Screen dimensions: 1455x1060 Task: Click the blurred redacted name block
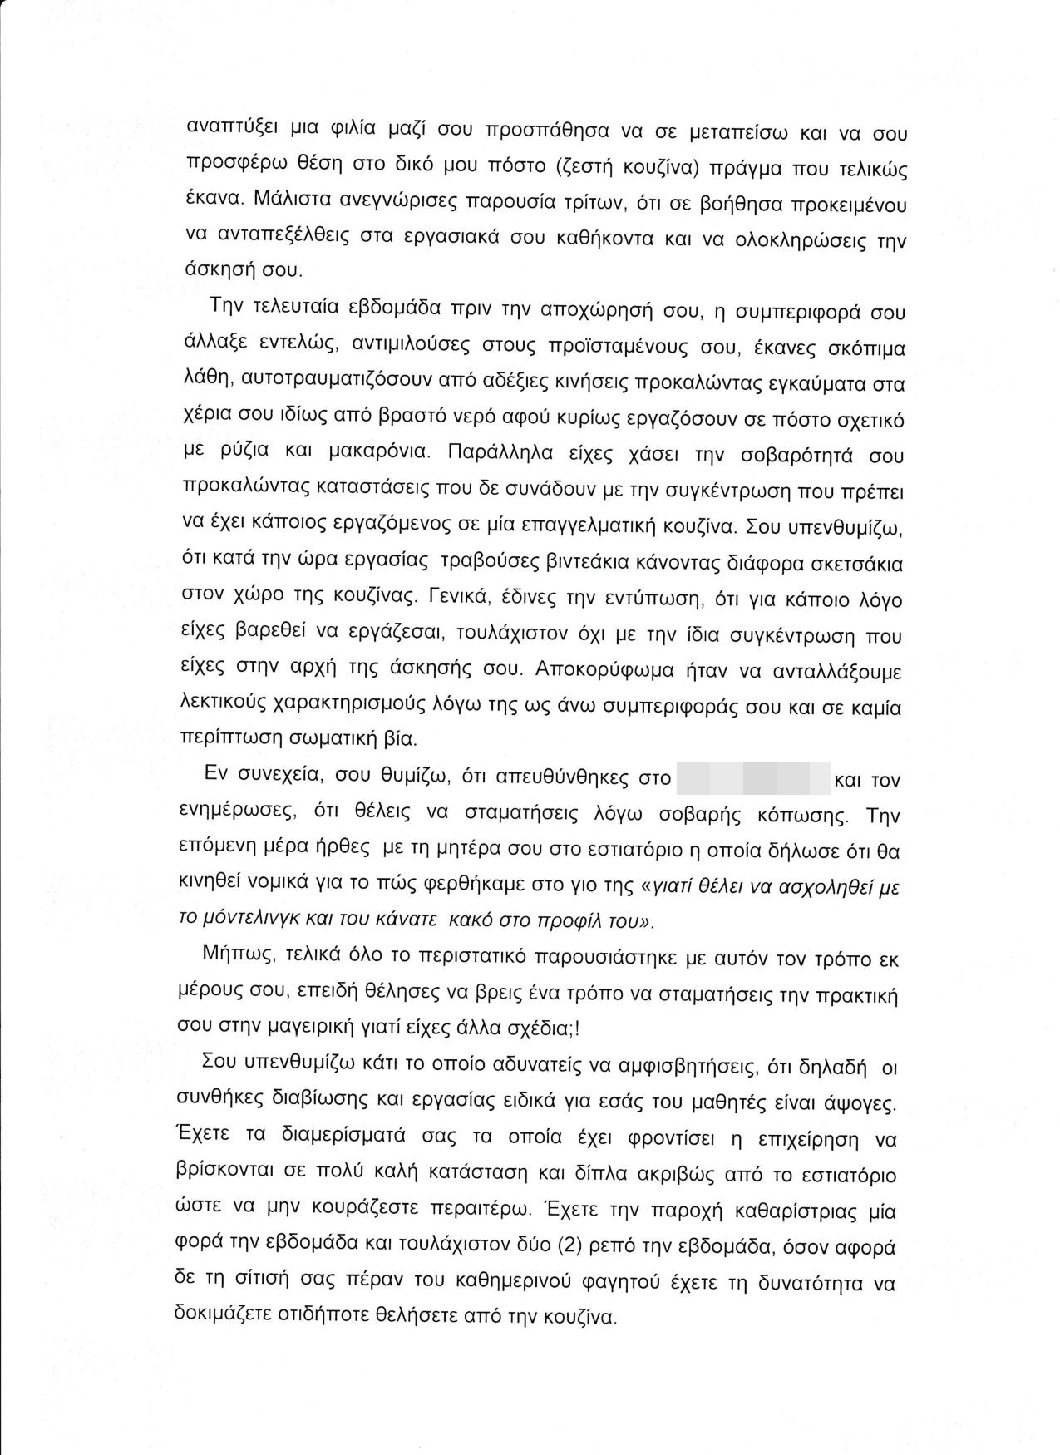[x=754, y=779]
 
